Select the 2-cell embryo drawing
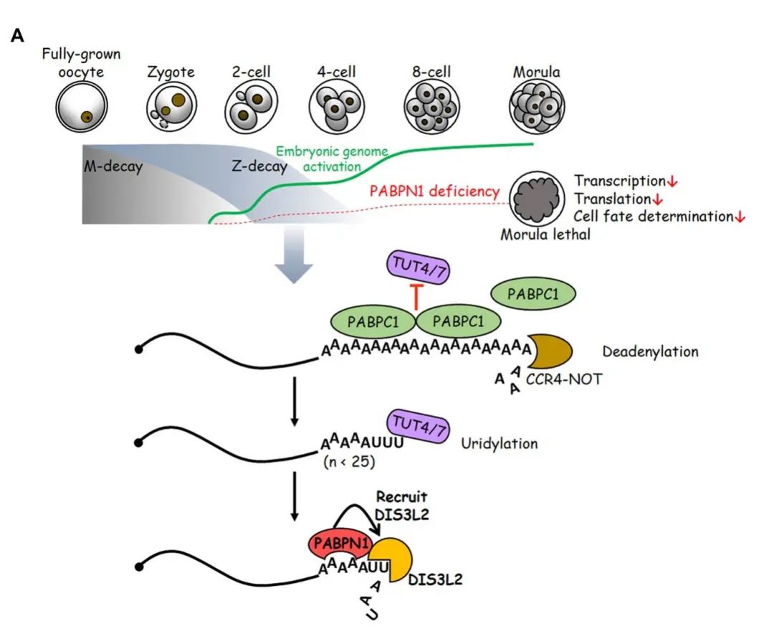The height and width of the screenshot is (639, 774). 251,108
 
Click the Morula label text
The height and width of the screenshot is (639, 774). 536,72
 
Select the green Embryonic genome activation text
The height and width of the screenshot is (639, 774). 333,158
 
